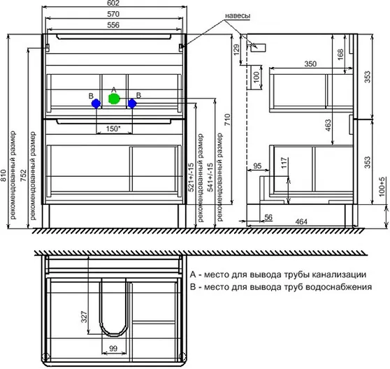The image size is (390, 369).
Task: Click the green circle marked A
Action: tap(114, 99)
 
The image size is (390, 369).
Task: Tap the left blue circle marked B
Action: tap(96, 103)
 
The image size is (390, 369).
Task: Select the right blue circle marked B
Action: tap(132, 103)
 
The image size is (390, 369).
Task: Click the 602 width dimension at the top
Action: tap(114, 3)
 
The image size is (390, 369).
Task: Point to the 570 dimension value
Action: tap(113, 14)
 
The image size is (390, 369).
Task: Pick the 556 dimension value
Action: tap(113, 25)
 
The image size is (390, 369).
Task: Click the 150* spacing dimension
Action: tap(113, 129)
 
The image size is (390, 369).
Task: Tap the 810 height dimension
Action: tap(3, 175)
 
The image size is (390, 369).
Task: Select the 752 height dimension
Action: tap(23, 175)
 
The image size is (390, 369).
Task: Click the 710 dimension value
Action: tap(228, 120)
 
